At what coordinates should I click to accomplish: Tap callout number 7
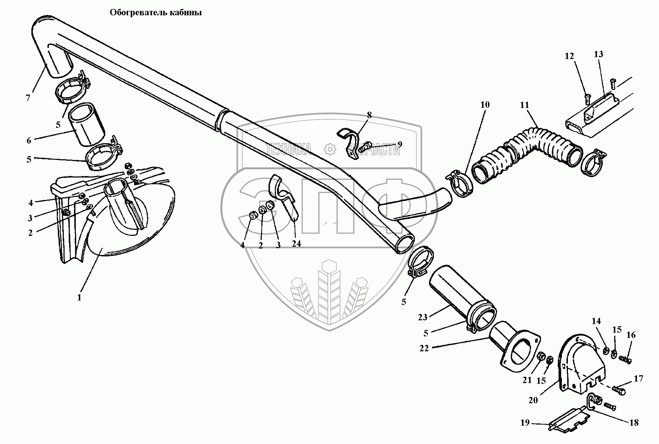point(28,98)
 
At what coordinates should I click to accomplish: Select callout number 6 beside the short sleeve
point(29,141)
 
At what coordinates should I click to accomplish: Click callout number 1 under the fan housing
point(79,298)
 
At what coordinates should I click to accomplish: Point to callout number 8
point(369,115)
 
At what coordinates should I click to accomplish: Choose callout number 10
point(484,105)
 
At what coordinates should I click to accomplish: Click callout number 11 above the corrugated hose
point(525,105)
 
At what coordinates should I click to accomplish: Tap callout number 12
point(569,56)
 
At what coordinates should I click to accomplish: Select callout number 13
point(598,55)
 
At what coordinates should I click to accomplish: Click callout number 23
point(422,317)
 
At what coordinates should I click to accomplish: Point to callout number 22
point(424,348)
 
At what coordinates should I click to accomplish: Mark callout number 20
point(533,400)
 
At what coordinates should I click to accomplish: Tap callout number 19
point(525,423)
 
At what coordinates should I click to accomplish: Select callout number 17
point(638,379)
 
